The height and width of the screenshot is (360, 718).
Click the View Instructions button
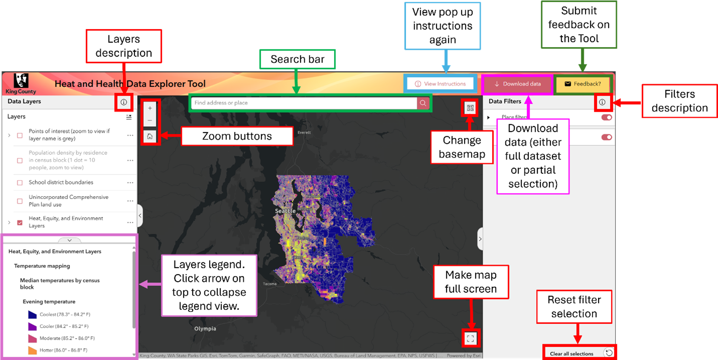coord(440,84)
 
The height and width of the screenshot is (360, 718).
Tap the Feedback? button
coord(583,84)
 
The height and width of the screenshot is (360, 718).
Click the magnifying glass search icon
coord(423,103)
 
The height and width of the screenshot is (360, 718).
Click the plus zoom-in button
coord(150,108)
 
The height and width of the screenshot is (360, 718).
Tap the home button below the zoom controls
coord(150,136)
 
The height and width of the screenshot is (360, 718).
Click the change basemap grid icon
coord(470,108)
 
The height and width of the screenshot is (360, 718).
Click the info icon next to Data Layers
coord(124,102)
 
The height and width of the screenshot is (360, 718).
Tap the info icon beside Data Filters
coord(602,102)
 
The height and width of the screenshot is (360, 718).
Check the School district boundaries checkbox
coord(20,183)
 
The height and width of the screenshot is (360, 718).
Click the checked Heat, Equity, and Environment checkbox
coord(20,223)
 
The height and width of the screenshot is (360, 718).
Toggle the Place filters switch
coord(606,117)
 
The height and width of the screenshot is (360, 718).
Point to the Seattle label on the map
coord(285,211)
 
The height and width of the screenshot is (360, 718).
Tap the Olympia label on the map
coord(205,329)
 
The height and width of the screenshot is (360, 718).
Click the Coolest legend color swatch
coord(32,314)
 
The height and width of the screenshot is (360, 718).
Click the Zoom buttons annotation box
coord(237,136)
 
